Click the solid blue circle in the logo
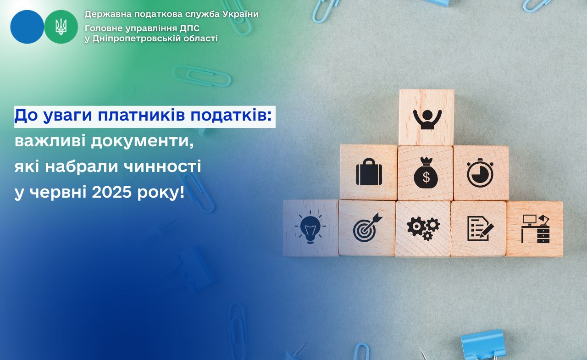27,27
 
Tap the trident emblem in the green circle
61,27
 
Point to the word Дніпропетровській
136,39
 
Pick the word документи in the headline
143,142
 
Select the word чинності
162,166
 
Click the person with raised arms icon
427,120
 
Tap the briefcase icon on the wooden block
369,172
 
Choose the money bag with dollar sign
426,173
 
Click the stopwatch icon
480,173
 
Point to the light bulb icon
310,227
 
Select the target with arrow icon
367,227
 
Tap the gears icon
423,228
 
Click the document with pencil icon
480,228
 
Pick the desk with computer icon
535,229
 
